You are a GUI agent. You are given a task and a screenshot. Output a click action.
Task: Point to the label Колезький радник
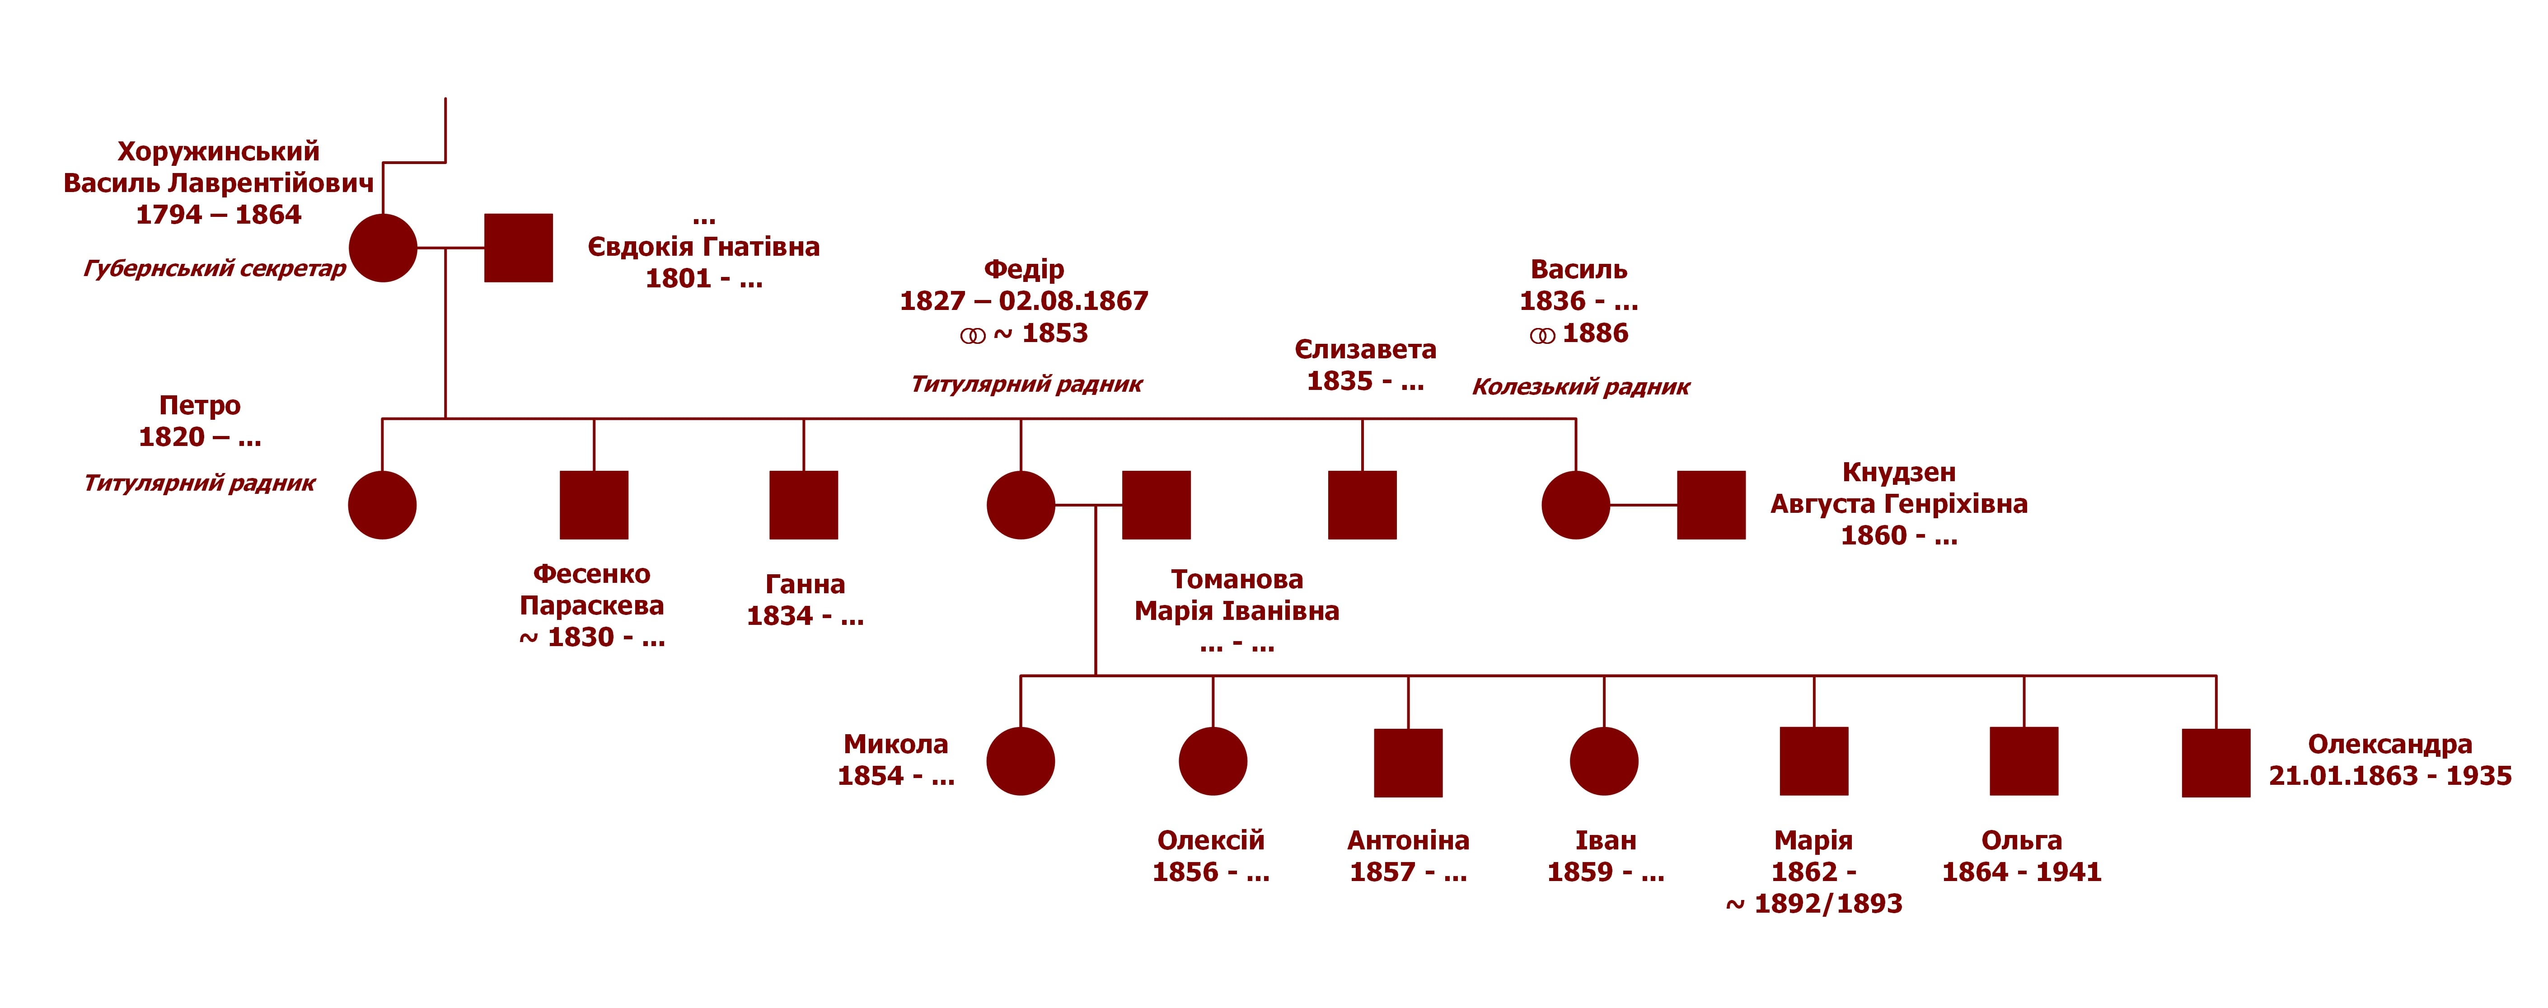point(1581,387)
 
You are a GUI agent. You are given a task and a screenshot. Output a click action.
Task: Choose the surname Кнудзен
point(1898,473)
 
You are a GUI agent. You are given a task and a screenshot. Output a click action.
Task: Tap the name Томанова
point(1237,580)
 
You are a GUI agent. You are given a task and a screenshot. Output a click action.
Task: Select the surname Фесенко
point(591,575)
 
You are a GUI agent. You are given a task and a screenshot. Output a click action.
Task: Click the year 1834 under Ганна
point(779,616)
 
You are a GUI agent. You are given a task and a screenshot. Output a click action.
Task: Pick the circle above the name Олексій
point(1213,762)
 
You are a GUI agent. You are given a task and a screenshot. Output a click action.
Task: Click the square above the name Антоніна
point(1409,763)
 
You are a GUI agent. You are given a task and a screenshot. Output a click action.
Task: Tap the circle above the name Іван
point(1604,762)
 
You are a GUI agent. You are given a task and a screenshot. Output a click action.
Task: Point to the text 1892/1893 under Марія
point(1828,904)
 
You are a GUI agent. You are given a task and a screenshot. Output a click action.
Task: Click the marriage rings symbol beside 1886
point(1542,336)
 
